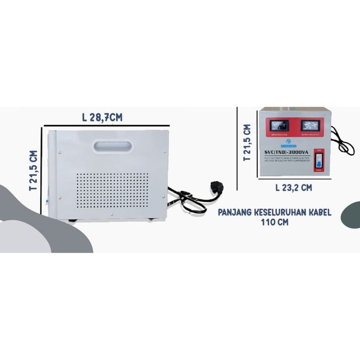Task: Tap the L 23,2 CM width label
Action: [x=294, y=187]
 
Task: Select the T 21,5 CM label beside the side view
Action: [x=34, y=171]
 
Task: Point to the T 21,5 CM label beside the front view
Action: [x=246, y=143]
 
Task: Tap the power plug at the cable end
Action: [x=216, y=187]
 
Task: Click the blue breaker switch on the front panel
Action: [x=317, y=161]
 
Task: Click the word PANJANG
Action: [x=235, y=213]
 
